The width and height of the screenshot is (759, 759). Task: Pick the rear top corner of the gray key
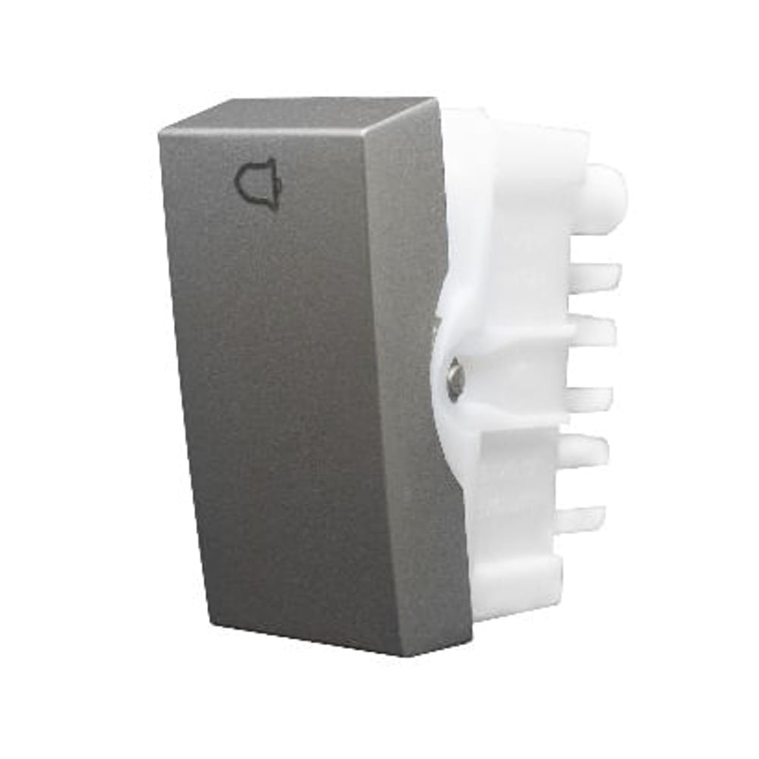pos(432,99)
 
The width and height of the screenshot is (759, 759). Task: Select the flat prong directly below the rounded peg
pos(596,276)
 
